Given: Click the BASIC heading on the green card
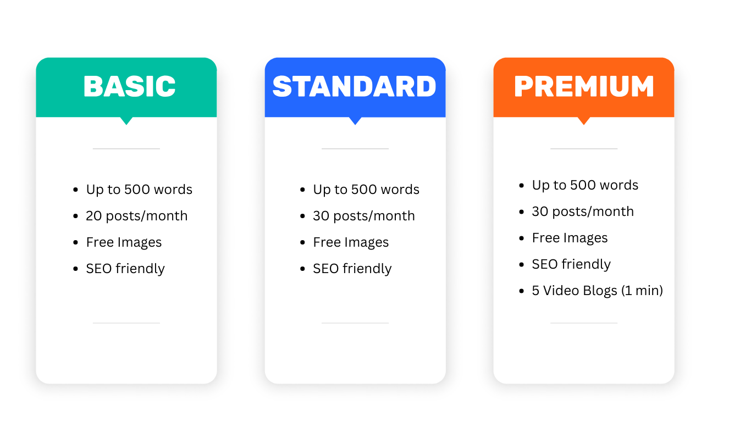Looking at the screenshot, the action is click(x=129, y=86).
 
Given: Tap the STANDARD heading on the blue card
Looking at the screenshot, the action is click(x=355, y=86).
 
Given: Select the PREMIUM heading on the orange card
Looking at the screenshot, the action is click(x=584, y=86).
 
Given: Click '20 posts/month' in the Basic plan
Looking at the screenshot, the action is click(x=136, y=216).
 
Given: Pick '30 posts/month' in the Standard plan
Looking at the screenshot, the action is click(x=364, y=216).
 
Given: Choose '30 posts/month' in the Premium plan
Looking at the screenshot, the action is click(x=583, y=212).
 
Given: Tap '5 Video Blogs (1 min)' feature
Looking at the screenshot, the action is click(x=598, y=291).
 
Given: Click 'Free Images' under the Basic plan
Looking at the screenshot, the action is click(x=124, y=242).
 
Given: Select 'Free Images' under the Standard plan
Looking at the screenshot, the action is click(x=351, y=242).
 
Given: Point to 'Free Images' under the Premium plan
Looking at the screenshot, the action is click(x=570, y=238).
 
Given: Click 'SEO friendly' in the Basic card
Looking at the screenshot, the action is click(x=125, y=269).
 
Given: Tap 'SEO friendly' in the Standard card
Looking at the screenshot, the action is click(x=352, y=269).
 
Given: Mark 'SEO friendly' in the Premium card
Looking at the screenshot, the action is click(x=571, y=264).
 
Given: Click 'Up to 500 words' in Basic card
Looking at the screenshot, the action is click(x=139, y=190).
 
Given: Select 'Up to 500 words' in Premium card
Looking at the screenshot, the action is click(x=585, y=185).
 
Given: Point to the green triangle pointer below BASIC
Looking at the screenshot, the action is click(x=126, y=121).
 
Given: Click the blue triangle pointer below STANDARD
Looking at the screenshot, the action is click(x=355, y=121).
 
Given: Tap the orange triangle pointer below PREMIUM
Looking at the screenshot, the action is click(x=584, y=121).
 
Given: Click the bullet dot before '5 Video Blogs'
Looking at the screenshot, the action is click(x=521, y=291).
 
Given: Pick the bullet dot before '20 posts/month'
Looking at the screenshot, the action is click(x=75, y=216).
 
